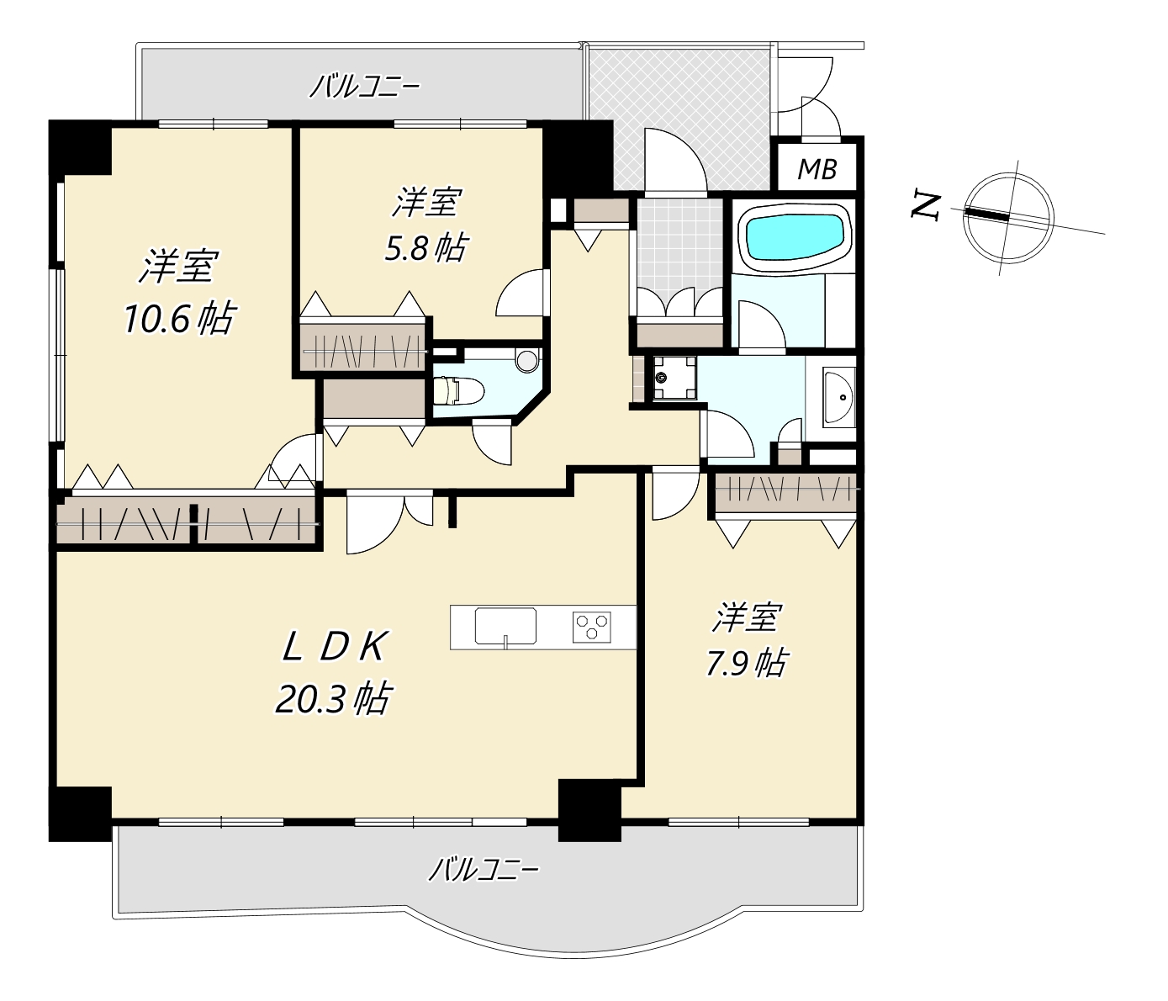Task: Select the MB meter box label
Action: tap(817, 169)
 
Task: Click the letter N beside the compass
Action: tap(926, 206)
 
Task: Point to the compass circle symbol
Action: tap(1008, 218)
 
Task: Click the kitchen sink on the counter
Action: tap(505, 626)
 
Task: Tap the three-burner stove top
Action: tap(592, 627)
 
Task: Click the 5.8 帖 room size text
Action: tap(425, 247)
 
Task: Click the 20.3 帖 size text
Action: tap(332, 699)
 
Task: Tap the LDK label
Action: tap(334, 646)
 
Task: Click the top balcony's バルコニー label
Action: tap(364, 88)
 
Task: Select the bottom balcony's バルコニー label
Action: tap(484, 870)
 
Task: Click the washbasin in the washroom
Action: tap(839, 395)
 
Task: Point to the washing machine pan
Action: tap(674, 378)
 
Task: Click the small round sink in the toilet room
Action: tap(528, 361)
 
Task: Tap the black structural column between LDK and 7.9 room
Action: tap(589, 810)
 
